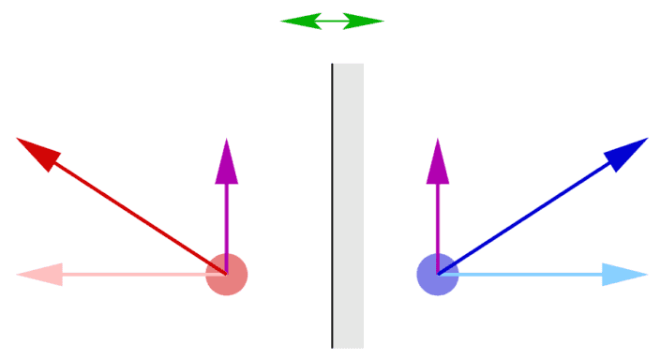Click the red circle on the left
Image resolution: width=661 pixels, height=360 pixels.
coord(226,275)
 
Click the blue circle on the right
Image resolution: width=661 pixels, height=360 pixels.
coord(437,275)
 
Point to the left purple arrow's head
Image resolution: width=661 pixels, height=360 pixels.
coord(226,161)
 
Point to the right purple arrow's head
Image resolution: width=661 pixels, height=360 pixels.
coord(437,161)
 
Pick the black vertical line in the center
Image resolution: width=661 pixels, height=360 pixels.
coord(332,206)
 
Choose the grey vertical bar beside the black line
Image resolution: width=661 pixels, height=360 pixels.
coord(349,206)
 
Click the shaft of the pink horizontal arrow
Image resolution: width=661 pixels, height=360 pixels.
coord(131,275)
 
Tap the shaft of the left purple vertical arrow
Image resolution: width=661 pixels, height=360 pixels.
coord(226,220)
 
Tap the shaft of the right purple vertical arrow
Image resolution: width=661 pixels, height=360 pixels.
coord(437,220)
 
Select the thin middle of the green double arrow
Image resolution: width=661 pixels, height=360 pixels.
coord(332,21)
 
